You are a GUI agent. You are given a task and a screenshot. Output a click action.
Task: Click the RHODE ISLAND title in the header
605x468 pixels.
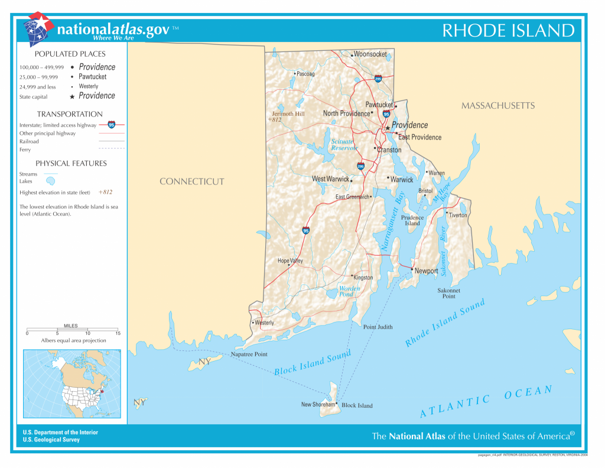[508, 31]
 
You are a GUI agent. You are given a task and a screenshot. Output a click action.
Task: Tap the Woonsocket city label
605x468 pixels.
[370, 54]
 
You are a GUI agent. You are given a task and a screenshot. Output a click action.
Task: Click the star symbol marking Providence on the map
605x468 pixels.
[388, 127]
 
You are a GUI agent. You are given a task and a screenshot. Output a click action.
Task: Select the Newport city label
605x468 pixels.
[427, 271]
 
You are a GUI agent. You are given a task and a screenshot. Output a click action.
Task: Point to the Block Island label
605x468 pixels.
[357, 406]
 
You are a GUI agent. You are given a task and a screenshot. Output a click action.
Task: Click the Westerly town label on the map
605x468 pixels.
[264, 323]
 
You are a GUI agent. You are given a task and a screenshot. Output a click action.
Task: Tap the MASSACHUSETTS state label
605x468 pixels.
[497, 106]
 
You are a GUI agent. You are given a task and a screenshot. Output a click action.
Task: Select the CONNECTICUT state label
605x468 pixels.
[191, 181]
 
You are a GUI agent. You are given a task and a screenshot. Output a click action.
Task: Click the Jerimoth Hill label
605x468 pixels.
[288, 113]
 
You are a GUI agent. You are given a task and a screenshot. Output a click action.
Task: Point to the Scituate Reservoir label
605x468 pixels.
[343, 145]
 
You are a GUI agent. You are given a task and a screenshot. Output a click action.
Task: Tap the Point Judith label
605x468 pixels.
[378, 327]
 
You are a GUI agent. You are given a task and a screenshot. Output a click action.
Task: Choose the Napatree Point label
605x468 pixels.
[249, 355]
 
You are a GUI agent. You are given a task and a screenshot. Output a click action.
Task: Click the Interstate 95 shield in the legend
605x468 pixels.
[112, 125]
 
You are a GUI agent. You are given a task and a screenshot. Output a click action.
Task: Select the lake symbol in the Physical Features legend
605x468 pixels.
[51, 181]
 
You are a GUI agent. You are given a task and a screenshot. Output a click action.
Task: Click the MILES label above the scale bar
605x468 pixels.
[70, 326]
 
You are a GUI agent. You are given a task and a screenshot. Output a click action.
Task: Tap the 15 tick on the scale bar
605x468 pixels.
[118, 333]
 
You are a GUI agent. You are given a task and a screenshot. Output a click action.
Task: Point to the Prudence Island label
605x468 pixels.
[412, 220]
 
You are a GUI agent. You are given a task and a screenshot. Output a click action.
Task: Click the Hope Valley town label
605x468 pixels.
[290, 261]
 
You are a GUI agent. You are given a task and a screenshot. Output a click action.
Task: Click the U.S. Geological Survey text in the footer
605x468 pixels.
[51, 440]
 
